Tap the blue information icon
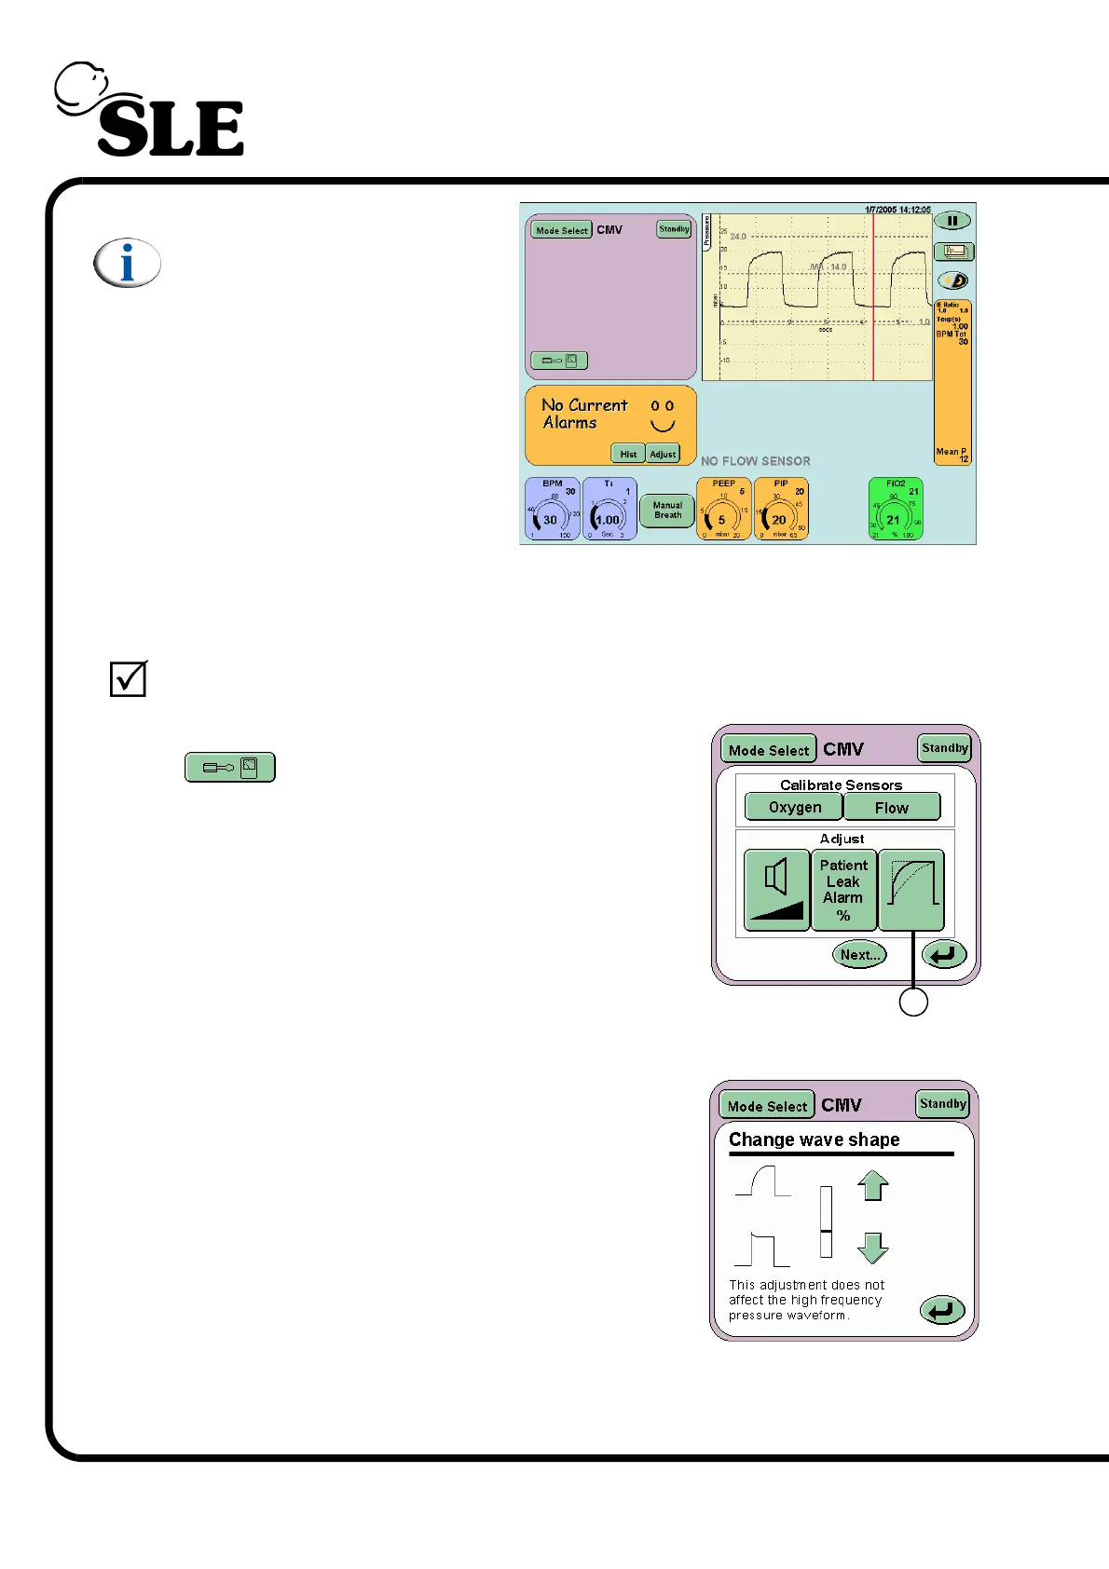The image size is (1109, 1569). point(128,263)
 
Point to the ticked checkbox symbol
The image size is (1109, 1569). point(129,678)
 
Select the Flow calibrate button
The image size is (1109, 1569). point(891,808)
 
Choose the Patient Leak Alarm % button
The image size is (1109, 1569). point(843,890)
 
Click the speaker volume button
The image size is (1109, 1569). point(776,890)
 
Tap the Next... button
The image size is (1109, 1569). point(859,954)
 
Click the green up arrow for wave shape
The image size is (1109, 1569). point(873,1185)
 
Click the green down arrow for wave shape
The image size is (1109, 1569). point(873,1248)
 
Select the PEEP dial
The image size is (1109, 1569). point(723,510)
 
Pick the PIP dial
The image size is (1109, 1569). point(781,510)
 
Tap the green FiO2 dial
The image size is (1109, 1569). point(896,510)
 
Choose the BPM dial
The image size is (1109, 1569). point(553,510)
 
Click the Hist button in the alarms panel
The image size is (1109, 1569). point(628,454)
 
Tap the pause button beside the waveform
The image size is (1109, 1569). point(952,221)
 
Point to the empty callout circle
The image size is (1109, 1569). point(913,1003)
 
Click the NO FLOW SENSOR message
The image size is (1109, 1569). point(756,461)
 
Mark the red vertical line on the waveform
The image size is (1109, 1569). point(873,298)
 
